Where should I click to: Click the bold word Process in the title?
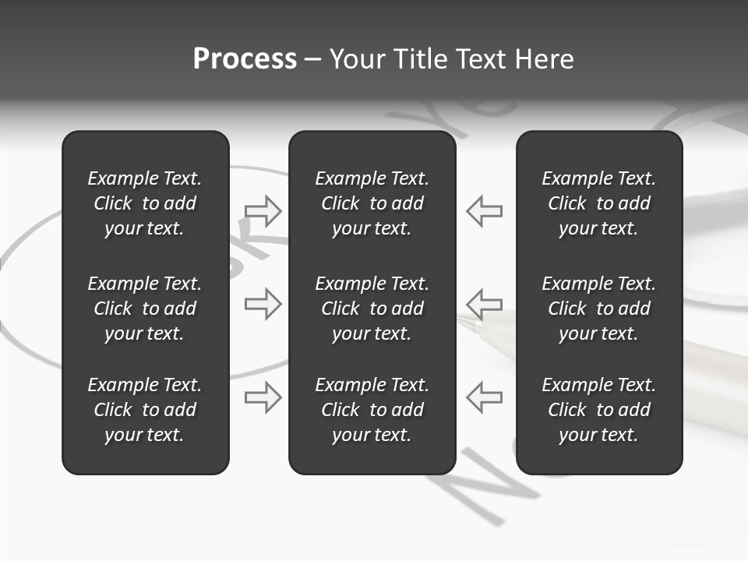[x=245, y=59]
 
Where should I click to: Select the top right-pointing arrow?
[x=263, y=210]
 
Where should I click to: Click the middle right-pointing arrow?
[x=263, y=304]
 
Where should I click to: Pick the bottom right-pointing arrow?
[x=263, y=397]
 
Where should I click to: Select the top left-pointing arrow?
[x=484, y=210]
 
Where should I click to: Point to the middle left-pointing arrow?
[x=484, y=304]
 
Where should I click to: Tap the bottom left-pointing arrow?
[x=484, y=397]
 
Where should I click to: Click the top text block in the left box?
[x=145, y=203]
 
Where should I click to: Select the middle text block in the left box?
[x=145, y=309]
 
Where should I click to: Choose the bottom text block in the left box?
[x=145, y=410]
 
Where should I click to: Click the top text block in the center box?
[x=372, y=203]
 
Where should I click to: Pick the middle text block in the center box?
[x=372, y=309]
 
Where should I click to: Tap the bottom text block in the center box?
[x=372, y=410]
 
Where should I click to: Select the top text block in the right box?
[x=598, y=203]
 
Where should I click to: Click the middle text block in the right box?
[x=598, y=309]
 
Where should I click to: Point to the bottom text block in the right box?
[x=598, y=410]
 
